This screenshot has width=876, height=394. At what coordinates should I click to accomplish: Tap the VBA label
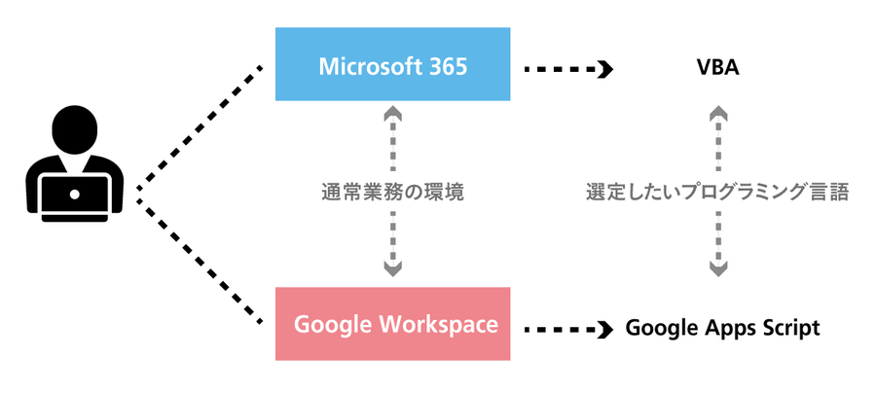click(x=719, y=69)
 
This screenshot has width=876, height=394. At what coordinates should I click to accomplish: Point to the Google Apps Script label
click(x=722, y=329)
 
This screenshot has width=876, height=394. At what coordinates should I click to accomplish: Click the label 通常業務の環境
click(x=391, y=192)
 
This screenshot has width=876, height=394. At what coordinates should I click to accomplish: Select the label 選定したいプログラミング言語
click(x=718, y=192)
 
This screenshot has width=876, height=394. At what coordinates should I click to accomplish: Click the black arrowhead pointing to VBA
click(x=605, y=69)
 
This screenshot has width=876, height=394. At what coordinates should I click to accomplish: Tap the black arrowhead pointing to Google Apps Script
click(x=605, y=329)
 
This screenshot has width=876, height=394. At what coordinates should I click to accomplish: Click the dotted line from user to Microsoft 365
click(x=200, y=125)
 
